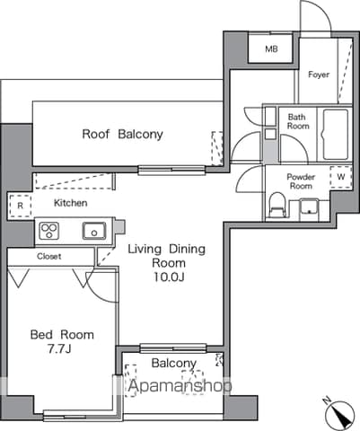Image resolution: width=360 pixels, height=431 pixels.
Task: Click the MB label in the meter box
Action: pos(271,48)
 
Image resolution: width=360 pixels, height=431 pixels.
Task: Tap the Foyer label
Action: pos(319,75)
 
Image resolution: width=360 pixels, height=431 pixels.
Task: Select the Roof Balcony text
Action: pos(122,134)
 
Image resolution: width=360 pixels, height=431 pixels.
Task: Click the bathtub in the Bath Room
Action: pos(336,135)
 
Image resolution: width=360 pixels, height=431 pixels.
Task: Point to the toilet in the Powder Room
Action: pos(277,205)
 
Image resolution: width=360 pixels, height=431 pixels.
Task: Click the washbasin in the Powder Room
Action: pos(310,207)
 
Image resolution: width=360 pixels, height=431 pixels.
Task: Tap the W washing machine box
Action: pos(341,177)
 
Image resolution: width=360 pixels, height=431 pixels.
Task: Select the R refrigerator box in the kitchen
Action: pos(20,206)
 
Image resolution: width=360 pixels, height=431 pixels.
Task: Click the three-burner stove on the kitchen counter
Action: pos(49,231)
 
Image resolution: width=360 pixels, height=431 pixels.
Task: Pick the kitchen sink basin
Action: pos(94,231)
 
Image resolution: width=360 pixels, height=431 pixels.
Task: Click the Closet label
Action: pos(49,256)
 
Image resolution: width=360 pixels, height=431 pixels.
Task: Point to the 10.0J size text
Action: pos(169,277)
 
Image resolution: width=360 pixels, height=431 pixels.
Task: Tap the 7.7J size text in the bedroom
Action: pos(59,348)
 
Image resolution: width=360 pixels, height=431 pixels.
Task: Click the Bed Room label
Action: pos(62,334)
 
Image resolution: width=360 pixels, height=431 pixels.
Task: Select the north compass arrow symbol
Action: pos(339,413)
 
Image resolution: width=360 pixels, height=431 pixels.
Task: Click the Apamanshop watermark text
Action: pos(180,386)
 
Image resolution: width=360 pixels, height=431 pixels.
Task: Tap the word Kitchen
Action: pos(71,203)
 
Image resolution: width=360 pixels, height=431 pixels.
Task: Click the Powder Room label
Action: pos(301,181)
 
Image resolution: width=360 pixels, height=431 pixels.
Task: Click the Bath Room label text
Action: pos(298,121)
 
